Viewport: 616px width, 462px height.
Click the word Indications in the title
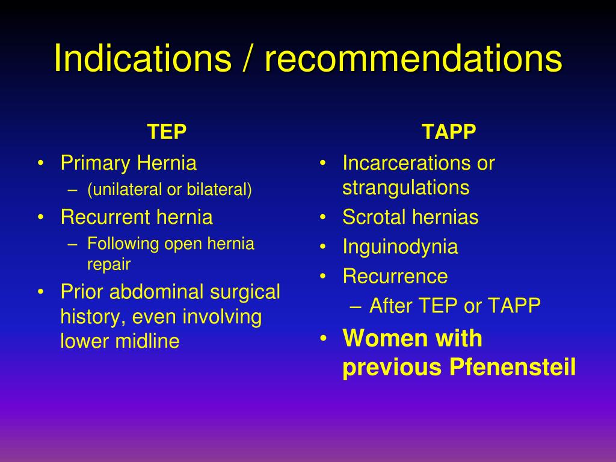[x=143, y=58]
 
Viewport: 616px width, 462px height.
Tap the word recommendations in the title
[x=413, y=58]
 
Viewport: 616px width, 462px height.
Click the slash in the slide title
[x=247, y=58]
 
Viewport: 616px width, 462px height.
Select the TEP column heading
[x=167, y=132]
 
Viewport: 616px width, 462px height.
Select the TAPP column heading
[x=449, y=132]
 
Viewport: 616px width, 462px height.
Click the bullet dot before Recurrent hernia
[x=40, y=217]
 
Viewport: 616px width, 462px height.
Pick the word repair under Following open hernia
[x=109, y=264]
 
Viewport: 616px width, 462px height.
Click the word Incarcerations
[x=407, y=163]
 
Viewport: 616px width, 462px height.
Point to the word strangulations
[x=406, y=188]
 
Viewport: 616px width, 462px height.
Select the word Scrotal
[x=374, y=217]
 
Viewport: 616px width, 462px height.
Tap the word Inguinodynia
[x=400, y=247]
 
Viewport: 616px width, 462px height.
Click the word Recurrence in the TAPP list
[x=395, y=276]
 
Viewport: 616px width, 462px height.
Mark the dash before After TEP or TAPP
[x=355, y=306]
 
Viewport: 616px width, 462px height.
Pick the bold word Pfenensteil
[x=513, y=367]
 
